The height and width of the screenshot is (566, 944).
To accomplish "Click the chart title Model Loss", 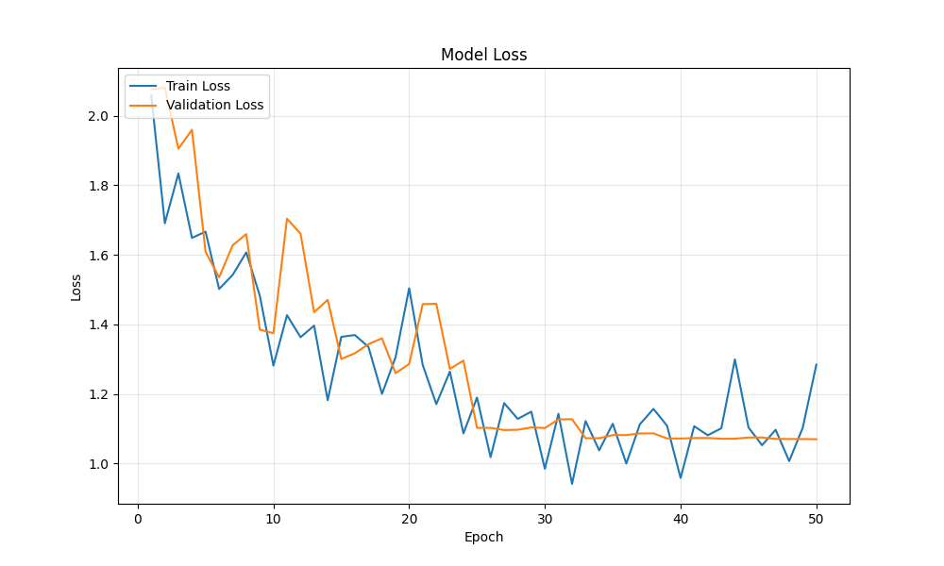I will pyautogui.click(x=483, y=55).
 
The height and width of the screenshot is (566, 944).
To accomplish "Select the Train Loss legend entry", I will pyautogui.click(x=197, y=86).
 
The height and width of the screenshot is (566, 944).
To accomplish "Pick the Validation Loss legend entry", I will pyautogui.click(x=214, y=106).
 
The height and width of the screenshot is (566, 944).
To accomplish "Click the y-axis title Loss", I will pyautogui.click(x=76, y=287).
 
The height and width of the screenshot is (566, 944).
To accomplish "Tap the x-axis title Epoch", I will pyautogui.click(x=483, y=537).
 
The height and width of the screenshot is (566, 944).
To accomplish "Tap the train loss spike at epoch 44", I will pyautogui.click(x=734, y=359).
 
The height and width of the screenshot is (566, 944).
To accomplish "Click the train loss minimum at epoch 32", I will pyautogui.click(x=572, y=484).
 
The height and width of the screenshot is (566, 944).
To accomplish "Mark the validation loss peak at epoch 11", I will pyautogui.click(x=287, y=219).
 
